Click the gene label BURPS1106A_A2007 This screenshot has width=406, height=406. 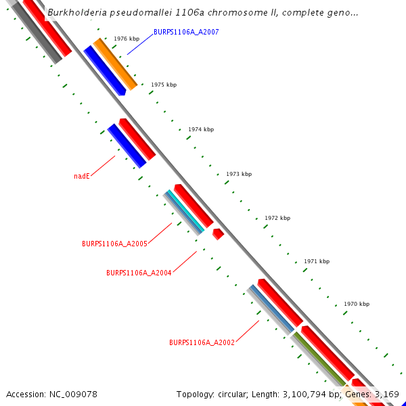(186, 32)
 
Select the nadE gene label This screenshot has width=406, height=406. (82, 176)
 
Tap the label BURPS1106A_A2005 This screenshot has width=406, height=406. (114, 244)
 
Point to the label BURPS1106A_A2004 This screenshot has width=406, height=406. (139, 273)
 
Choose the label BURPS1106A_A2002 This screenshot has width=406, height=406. (202, 342)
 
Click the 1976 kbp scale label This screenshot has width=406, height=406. (127, 39)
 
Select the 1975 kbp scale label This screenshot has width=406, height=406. (164, 85)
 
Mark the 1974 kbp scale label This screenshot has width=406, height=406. (201, 129)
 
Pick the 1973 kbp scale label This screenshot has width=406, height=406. (239, 174)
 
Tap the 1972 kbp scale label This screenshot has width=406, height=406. (277, 218)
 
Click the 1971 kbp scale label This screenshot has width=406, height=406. (317, 261)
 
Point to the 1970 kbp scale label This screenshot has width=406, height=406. (357, 304)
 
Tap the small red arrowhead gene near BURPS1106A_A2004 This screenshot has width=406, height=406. (218, 233)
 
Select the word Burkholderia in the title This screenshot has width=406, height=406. (74, 12)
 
